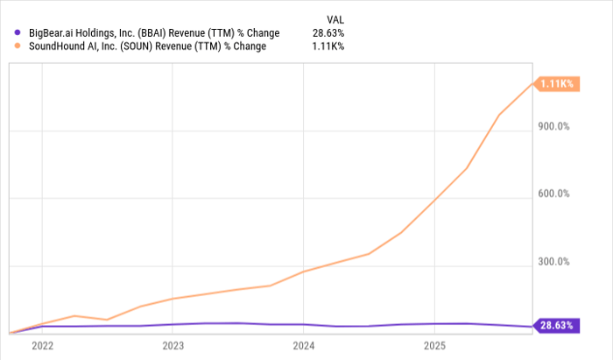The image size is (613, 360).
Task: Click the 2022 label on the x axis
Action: (x=43, y=345)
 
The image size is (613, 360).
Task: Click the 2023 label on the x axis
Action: (x=173, y=345)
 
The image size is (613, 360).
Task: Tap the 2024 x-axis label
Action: (x=303, y=345)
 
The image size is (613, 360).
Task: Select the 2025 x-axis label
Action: (x=433, y=345)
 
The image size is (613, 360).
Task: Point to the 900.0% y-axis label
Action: (x=553, y=126)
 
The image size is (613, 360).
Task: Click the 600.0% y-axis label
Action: (x=553, y=194)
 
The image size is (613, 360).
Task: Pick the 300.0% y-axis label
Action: (x=553, y=262)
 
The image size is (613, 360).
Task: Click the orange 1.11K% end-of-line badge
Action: (x=556, y=83)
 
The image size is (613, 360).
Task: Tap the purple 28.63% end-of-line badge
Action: (x=556, y=326)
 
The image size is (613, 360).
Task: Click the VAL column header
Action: (x=335, y=18)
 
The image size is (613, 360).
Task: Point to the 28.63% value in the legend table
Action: (x=328, y=33)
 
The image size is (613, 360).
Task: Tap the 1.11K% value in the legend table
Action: (x=328, y=46)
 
